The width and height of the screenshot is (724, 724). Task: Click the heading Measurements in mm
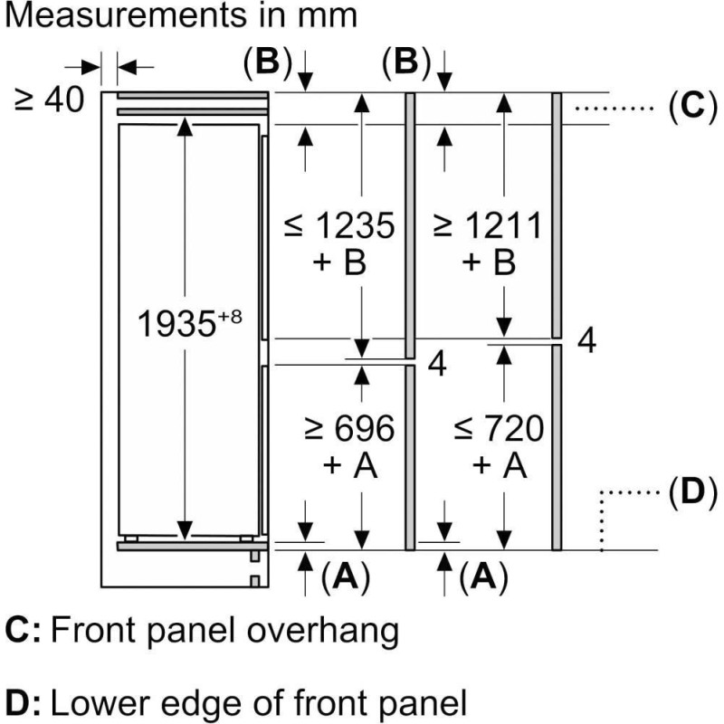[x=180, y=16]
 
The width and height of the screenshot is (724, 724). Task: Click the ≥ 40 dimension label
[x=50, y=99]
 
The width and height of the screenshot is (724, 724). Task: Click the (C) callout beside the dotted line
[x=685, y=107]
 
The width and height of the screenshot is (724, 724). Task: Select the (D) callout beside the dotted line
[x=685, y=493]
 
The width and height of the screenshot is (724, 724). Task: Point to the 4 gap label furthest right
[x=586, y=342]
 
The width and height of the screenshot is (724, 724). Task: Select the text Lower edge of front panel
[x=259, y=701]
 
